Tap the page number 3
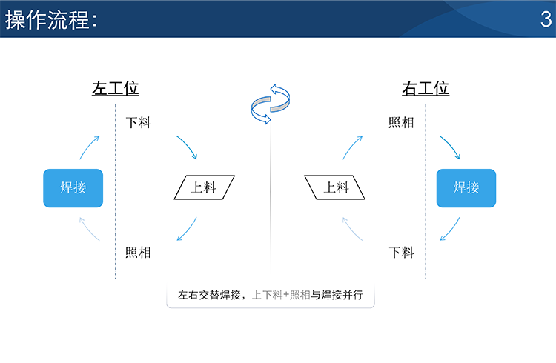pos(546,19)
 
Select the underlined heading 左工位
pos(116,88)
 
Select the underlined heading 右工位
pos(426,88)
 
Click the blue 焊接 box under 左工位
pos(73,188)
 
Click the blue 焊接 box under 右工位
pos(466,188)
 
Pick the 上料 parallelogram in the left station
pos(205,187)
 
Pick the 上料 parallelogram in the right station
pos(335,187)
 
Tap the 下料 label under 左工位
pos(139,123)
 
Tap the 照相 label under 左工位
pos(139,253)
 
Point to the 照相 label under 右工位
pos(401,123)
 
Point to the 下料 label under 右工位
pos(401,253)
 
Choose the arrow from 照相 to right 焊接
pos(451,146)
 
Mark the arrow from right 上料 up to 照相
pos(351,147)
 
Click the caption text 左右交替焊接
pos(209,295)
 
